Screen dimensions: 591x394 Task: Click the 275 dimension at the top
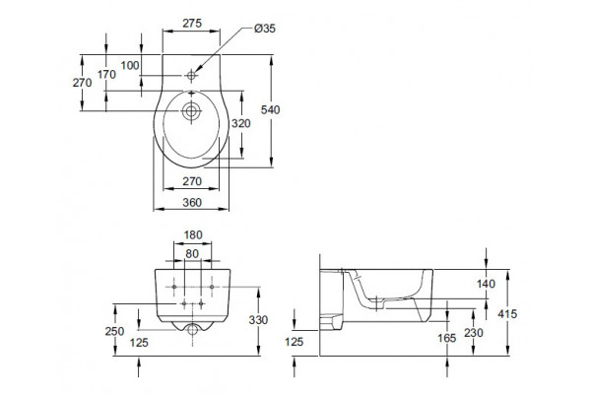192,24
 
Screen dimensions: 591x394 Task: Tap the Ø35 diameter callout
265,29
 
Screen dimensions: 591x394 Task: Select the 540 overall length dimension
270,109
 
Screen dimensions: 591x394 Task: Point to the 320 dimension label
241,123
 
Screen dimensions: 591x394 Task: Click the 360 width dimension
192,203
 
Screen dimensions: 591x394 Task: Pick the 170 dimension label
106,75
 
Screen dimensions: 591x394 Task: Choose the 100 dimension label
130,66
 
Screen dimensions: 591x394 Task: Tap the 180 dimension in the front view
193,234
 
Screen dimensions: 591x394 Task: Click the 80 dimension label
192,254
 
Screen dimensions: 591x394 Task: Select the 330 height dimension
258,320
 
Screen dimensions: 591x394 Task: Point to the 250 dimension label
114,331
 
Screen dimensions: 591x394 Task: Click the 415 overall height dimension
507,313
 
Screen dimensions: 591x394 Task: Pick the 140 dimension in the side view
486,284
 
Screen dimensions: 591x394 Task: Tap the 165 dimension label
447,338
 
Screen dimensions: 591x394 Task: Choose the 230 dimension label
474,333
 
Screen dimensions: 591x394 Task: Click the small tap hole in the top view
191,76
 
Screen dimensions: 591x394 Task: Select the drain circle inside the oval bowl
191,111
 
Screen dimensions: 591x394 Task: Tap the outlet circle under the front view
193,330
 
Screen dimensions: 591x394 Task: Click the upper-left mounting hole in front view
174,287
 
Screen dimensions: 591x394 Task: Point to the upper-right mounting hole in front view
212,287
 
